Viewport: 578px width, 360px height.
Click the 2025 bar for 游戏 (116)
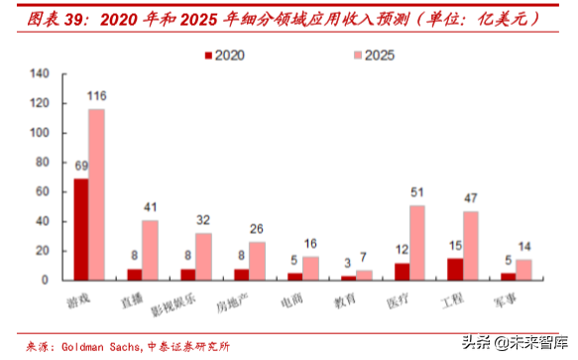[96, 194]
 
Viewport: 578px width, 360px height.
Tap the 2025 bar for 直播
[150, 250]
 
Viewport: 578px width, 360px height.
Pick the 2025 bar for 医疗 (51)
[417, 242]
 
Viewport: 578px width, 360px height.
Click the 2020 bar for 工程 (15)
[454, 269]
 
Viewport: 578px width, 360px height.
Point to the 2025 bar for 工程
[471, 245]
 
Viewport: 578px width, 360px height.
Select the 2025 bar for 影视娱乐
[203, 256]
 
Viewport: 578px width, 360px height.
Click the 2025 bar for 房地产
[257, 261]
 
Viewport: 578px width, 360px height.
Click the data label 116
[97, 96]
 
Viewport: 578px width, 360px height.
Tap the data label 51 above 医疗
[418, 192]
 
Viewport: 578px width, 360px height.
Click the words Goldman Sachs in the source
[100, 345]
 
